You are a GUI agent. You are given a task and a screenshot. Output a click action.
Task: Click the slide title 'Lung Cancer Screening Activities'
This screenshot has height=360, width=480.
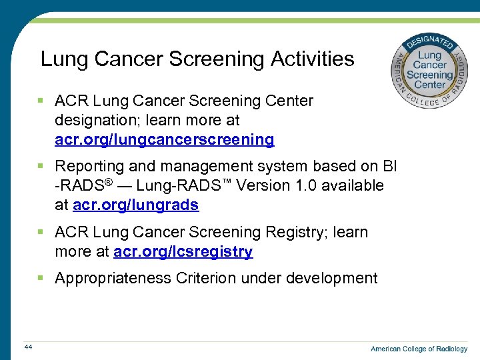197,59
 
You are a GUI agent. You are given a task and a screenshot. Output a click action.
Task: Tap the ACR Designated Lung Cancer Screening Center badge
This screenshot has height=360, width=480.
429,69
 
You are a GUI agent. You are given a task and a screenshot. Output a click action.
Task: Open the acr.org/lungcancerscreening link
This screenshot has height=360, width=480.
164,140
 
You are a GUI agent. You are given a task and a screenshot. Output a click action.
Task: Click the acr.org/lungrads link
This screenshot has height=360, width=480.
135,205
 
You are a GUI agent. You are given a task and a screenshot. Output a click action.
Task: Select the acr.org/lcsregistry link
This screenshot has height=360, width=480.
183,252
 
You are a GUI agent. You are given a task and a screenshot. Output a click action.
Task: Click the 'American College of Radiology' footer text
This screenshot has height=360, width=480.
419,349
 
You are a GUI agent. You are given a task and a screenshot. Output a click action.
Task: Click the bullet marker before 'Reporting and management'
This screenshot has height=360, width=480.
41,166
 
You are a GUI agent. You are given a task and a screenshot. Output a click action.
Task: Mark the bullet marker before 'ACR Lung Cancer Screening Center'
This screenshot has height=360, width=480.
41,101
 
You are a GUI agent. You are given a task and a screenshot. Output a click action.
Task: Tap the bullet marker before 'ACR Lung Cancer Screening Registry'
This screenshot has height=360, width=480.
41,232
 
